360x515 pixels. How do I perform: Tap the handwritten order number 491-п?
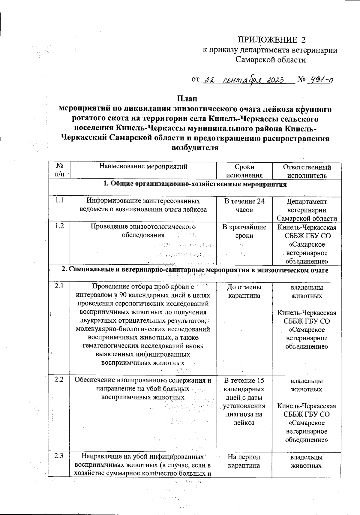[x=322, y=80]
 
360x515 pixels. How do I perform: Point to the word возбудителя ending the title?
[x=194, y=148]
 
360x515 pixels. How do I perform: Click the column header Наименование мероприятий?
[x=143, y=167]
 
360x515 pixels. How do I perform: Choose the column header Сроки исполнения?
[x=244, y=171]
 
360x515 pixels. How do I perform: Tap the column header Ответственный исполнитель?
[x=307, y=171]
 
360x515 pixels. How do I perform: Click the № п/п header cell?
[x=59, y=170]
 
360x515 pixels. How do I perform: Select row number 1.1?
[x=59, y=200]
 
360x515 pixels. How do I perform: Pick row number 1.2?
[x=59, y=226]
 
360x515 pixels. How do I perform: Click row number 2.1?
[x=59, y=286]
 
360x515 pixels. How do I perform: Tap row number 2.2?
[x=59, y=379]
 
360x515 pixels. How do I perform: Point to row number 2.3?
[x=59, y=456]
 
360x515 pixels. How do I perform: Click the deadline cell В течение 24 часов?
[x=244, y=205]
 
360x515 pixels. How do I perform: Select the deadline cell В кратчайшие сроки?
[x=244, y=231]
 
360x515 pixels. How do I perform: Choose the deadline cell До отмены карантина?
[x=244, y=291]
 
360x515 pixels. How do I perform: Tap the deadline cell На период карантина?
[x=244, y=461]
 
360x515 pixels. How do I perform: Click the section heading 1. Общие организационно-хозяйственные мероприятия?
[x=195, y=184]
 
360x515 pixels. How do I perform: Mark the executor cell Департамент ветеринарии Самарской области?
[x=307, y=210]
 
